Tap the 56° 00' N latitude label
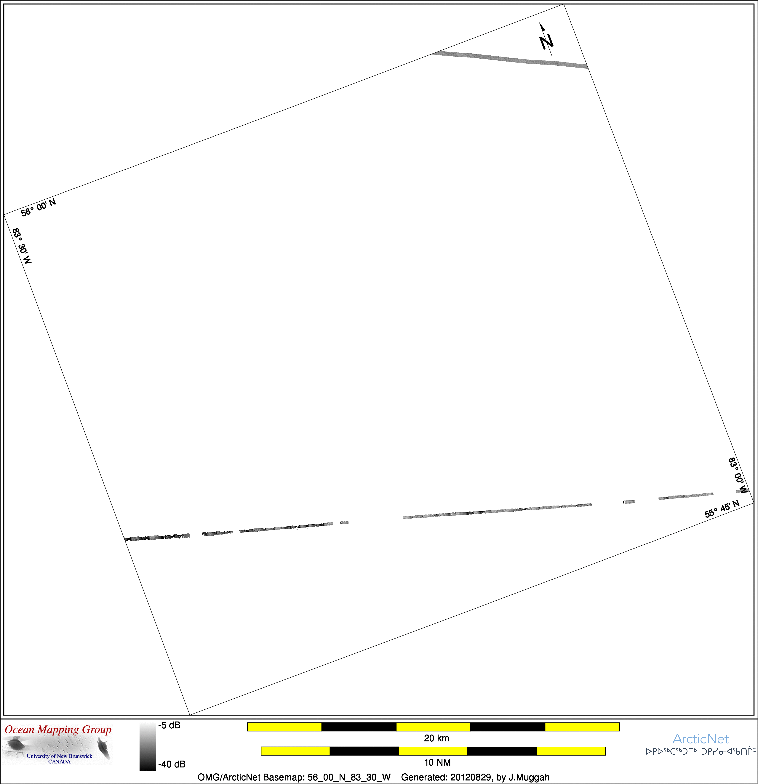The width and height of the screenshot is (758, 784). coord(38,207)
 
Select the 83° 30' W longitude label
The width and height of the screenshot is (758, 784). coord(22,246)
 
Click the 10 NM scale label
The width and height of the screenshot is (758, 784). coord(437,762)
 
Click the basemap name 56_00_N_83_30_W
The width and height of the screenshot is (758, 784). coord(349,777)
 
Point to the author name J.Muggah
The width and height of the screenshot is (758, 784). coord(529,777)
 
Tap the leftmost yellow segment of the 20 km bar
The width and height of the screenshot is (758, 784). coord(284,727)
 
